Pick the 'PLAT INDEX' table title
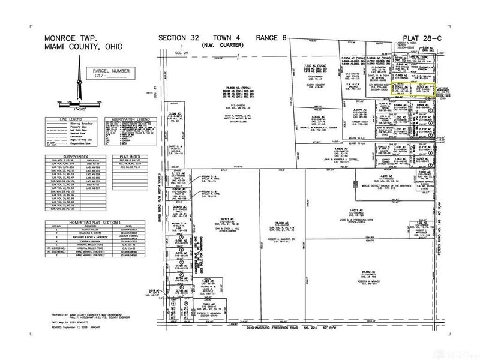tap(127, 157)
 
